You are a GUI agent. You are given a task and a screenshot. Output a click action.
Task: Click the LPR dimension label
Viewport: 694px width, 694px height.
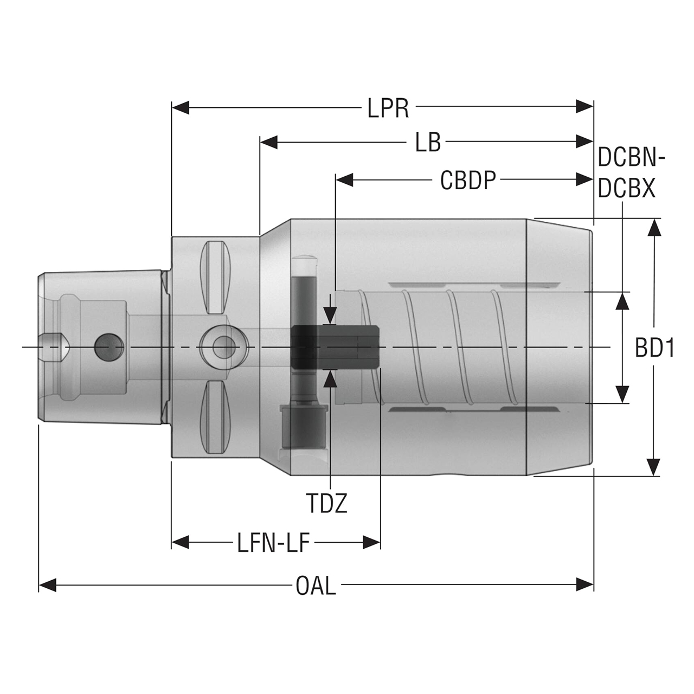coord(388,108)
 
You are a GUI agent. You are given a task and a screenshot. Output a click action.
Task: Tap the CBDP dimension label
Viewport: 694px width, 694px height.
coord(468,181)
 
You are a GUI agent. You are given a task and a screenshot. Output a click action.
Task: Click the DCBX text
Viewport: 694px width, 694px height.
coord(627,189)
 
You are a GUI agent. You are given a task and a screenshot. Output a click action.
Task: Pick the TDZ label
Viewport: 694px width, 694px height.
coord(326,504)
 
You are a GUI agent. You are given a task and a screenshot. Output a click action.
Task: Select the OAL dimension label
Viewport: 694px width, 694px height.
coord(316,586)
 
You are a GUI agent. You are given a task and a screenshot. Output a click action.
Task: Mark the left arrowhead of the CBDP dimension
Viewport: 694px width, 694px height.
coord(345,179)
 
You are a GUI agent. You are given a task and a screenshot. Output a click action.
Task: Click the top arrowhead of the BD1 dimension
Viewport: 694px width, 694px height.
coord(655,228)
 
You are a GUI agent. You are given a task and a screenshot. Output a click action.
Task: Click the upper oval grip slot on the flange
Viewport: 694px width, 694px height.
coord(216,272)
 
